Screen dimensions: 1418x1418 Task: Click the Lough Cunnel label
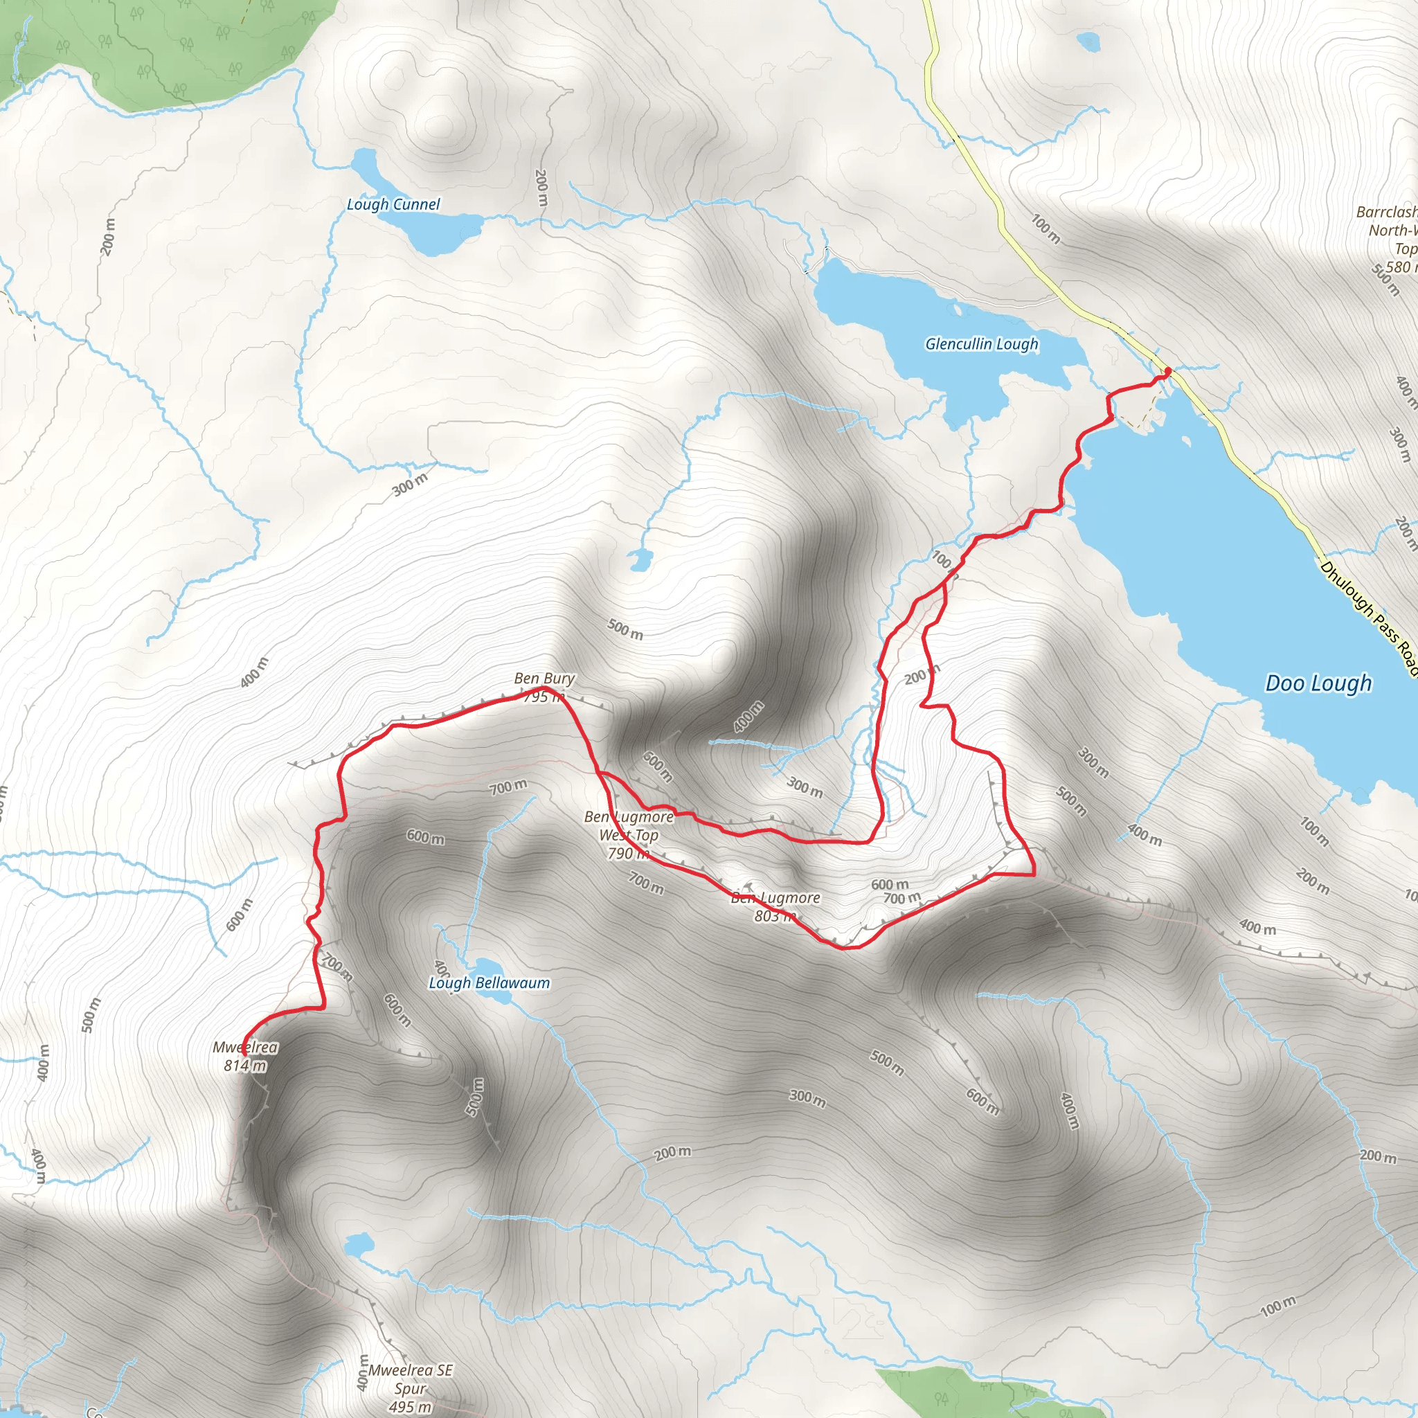(x=393, y=204)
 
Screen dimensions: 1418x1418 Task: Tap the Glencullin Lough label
(x=981, y=343)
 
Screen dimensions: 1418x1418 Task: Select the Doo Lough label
(x=1318, y=683)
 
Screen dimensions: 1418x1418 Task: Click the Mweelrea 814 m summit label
(x=245, y=1056)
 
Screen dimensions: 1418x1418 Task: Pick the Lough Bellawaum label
(x=489, y=982)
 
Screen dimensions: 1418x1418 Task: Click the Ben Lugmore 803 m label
(x=775, y=906)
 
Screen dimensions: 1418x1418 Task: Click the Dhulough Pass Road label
(x=1370, y=618)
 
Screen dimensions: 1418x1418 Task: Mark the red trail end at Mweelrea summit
(x=243, y=1054)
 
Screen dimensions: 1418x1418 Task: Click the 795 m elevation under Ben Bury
(x=544, y=697)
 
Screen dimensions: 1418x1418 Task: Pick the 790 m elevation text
(x=628, y=853)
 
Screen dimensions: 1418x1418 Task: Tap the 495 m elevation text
(x=411, y=1407)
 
